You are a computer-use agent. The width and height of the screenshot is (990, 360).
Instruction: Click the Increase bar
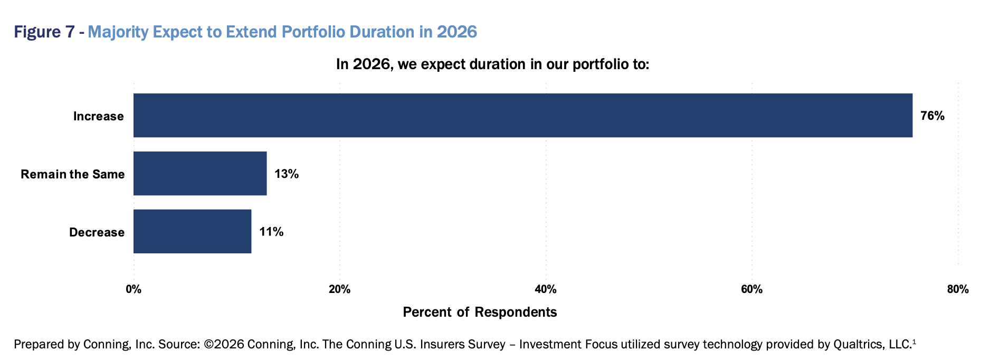click(x=522, y=116)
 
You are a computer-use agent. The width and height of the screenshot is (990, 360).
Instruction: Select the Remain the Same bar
click(x=200, y=174)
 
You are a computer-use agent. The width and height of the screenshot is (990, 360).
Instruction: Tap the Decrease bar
click(x=192, y=232)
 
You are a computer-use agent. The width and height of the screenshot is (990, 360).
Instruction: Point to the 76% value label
click(x=932, y=116)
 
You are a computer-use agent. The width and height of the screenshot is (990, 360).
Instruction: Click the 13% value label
click(x=287, y=174)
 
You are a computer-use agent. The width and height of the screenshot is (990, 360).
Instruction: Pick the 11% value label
click(x=271, y=232)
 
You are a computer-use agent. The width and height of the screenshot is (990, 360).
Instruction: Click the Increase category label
click(x=98, y=116)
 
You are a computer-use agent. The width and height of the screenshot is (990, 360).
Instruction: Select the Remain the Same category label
click(x=73, y=174)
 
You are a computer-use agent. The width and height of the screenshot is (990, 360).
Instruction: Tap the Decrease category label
click(x=97, y=232)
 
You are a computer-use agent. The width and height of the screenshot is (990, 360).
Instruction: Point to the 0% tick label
click(x=134, y=289)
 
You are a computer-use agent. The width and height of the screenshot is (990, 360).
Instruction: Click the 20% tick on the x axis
click(x=339, y=289)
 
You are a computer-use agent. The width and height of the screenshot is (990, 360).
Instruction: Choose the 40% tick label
click(x=546, y=289)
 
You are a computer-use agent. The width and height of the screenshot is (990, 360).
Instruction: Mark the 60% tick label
click(x=751, y=289)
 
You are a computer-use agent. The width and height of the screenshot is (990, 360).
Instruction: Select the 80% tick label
click(x=957, y=289)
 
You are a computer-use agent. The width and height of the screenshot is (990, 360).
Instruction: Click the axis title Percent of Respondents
click(x=480, y=312)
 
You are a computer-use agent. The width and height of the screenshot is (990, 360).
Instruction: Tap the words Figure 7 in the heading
click(x=44, y=32)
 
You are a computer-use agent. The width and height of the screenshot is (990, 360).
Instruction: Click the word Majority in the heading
click(x=118, y=32)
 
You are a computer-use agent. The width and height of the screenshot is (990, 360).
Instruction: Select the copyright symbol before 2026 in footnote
click(x=208, y=344)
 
